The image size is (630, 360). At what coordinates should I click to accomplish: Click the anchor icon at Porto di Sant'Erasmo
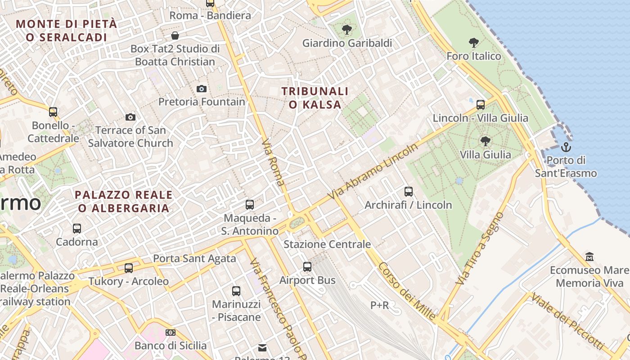566,147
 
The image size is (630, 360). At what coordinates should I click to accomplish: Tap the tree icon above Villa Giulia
485,141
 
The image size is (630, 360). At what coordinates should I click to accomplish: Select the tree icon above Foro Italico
473,43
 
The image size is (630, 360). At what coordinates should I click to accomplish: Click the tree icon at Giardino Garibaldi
346,30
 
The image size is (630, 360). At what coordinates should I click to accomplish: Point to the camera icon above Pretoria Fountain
202,89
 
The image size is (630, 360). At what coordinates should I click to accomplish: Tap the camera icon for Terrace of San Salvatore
130,117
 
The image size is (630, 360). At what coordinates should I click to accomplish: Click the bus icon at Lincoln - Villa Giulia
481,105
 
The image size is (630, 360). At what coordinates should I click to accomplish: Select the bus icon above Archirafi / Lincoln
409,192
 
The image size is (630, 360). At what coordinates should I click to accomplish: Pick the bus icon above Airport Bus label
307,267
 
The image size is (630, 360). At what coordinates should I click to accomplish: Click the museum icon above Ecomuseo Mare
589,257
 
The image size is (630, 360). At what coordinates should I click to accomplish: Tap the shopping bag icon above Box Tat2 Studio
175,35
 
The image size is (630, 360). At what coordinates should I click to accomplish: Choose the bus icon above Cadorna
77,229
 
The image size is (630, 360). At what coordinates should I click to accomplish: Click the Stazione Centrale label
327,244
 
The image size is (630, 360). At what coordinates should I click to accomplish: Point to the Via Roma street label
273,162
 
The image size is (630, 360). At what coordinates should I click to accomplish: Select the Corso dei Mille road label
406,291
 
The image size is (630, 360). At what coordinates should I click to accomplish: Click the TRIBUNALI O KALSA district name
315,98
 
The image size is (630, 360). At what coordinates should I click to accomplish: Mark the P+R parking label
379,306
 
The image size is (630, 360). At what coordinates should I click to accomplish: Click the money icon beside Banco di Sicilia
170,333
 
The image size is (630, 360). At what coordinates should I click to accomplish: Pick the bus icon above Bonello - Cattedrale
53,112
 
